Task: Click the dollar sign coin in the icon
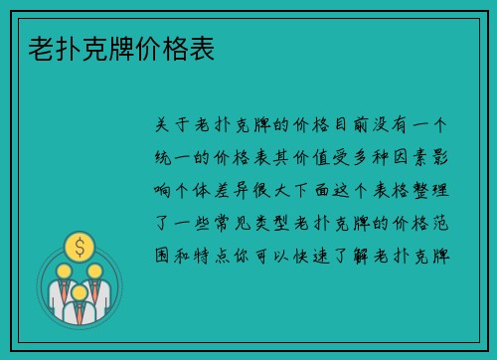[x=79, y=245]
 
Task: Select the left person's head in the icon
[x=63, y=269]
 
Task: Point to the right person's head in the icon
[x=95, y=269]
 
